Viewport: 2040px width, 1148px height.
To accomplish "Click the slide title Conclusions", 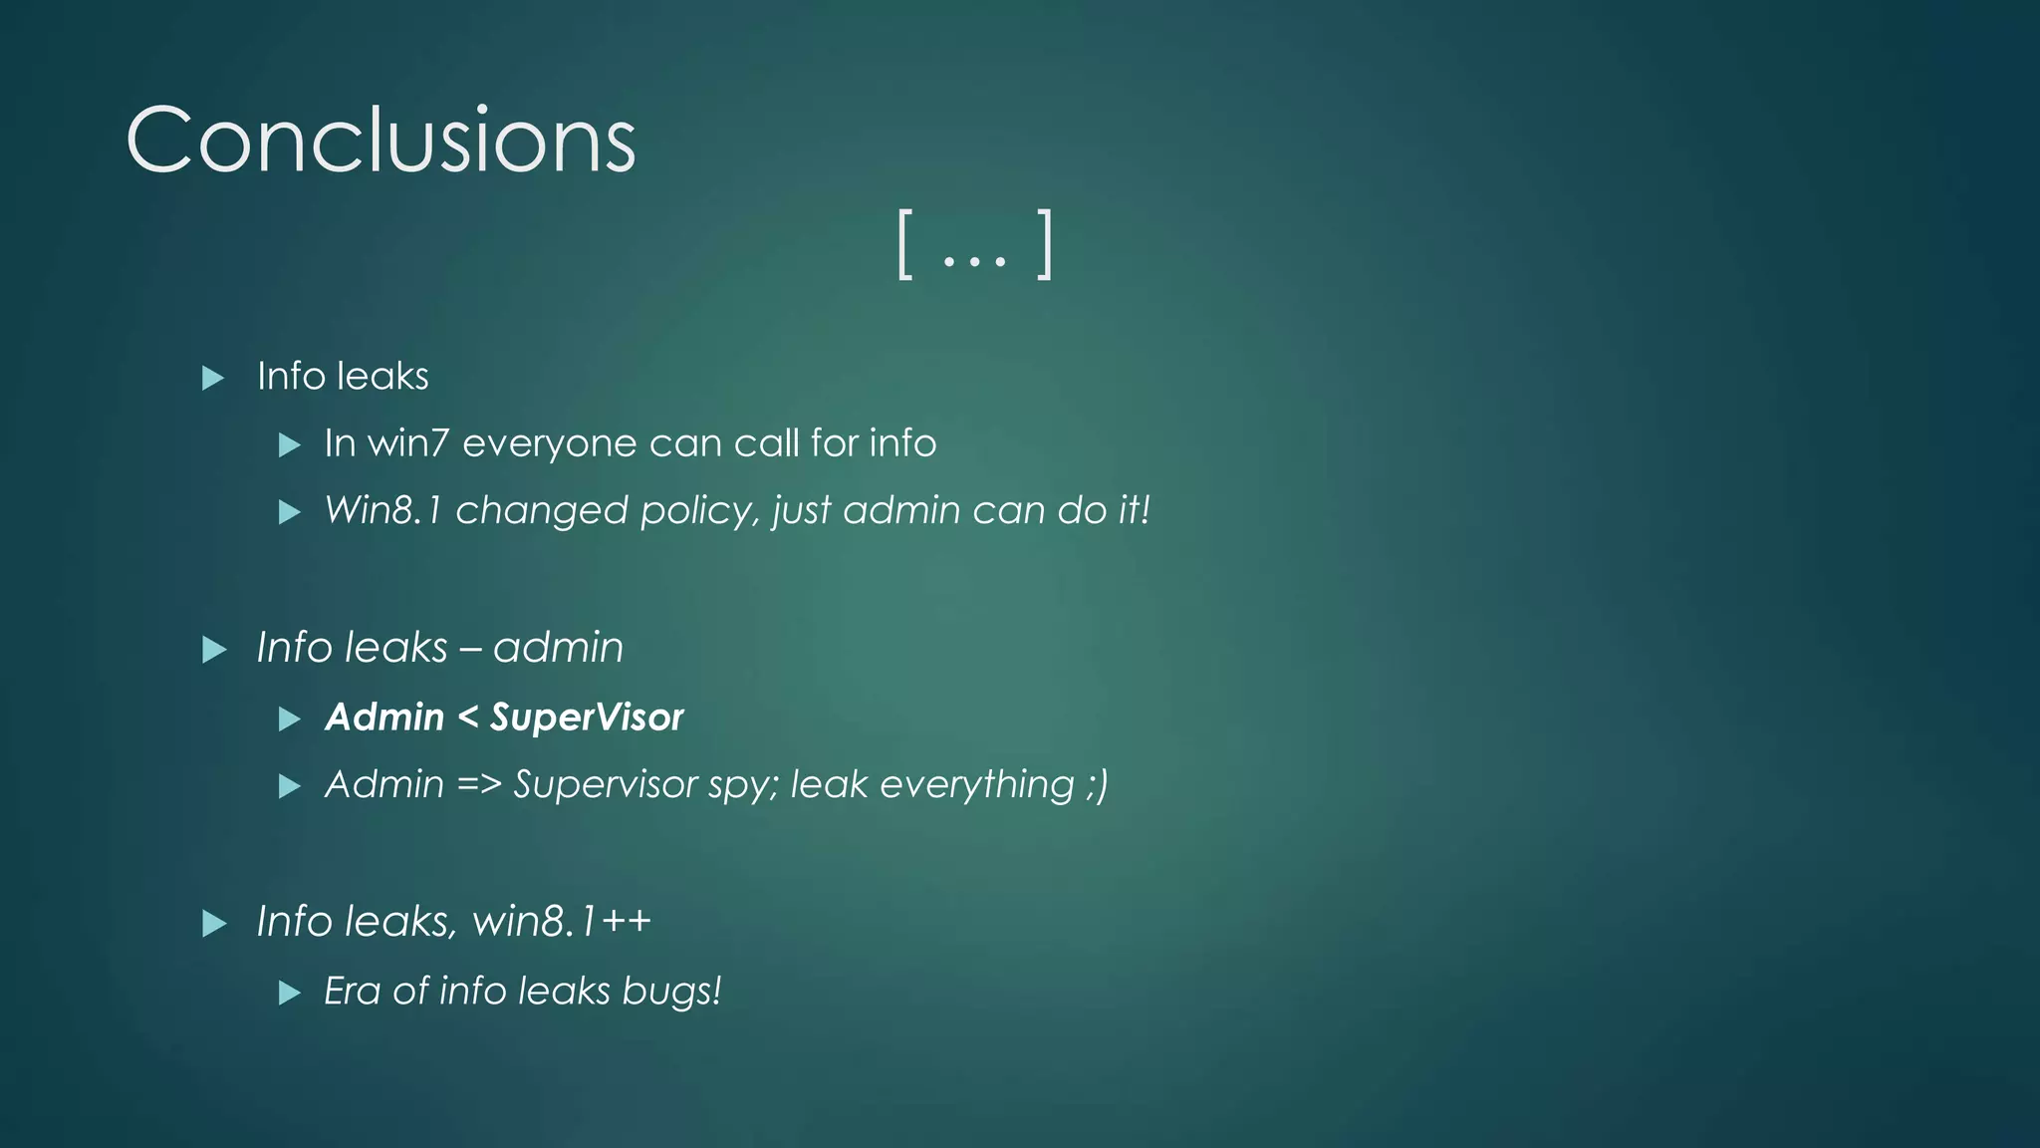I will (x=381, y=141).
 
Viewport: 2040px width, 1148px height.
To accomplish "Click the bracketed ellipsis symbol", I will (x=974, y=245).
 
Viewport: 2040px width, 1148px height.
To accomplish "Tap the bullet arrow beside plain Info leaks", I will (x=213, y=378).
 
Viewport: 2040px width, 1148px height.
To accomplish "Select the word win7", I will (x=409, y=443).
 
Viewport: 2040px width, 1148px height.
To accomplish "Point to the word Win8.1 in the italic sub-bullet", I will (x=382, y=510).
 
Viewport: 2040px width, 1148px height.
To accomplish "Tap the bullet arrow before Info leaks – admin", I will (x=213, y=650).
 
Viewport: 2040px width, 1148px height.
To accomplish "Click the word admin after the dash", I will (x=558, y=649).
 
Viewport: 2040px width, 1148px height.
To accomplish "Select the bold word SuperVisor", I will (x=587, y=717).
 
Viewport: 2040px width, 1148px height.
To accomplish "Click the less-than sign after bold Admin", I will (x=467, y=717).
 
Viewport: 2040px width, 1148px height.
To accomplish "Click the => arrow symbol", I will (x=478, y=785).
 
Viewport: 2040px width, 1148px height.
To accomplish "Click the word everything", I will (x=976, y=785).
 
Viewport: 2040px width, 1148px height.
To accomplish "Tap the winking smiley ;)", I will (x=1096, y=785).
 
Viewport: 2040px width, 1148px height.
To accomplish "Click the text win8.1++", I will (x=562, y=922).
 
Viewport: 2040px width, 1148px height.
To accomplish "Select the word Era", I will (x=353, y=992).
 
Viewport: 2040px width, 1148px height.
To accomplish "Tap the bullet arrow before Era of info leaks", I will (x=289, y=993).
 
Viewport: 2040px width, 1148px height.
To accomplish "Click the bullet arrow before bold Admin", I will (x=289, y=718).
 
